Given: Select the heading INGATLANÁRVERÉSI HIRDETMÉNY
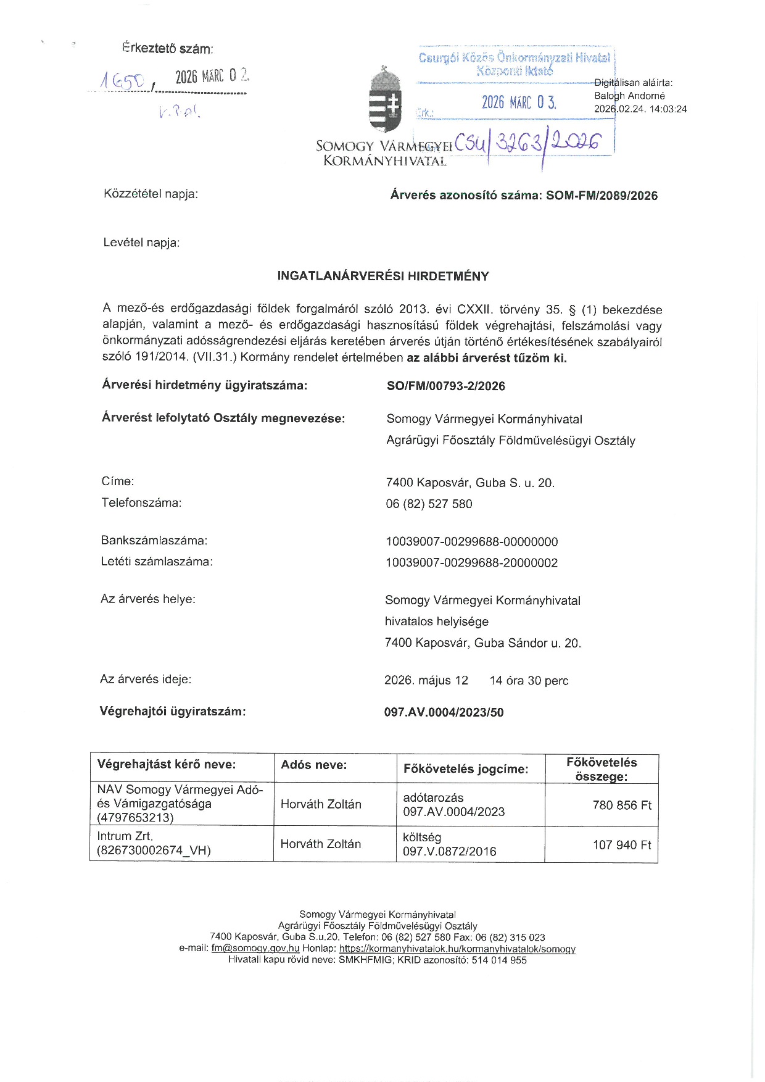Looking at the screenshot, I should (x=383, y=277).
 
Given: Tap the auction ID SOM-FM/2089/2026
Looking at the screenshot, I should (x=602, y=196).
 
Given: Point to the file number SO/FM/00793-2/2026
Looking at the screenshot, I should (x=445, y=386).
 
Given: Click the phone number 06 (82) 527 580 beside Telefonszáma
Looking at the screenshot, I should (x=429, y=504).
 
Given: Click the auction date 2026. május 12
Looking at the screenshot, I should (x=426, y=681).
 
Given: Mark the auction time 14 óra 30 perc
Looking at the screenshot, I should (x=529, y=681).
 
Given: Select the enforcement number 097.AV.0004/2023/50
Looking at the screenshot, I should (x=444, y=712).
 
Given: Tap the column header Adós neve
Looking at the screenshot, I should (x=313, y=765).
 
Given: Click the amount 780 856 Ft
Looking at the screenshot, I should (x=621, y=805).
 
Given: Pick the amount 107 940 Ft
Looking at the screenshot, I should (x=621, y=845).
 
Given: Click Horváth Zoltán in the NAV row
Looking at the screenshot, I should (x=321, y=804).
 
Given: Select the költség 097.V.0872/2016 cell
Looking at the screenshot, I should (x=449, y=844).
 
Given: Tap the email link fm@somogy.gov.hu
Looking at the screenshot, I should (x=255, y=949).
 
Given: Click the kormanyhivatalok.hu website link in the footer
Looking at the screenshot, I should (x=457, y=949).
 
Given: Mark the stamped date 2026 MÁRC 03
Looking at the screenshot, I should (x=519, y=102).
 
